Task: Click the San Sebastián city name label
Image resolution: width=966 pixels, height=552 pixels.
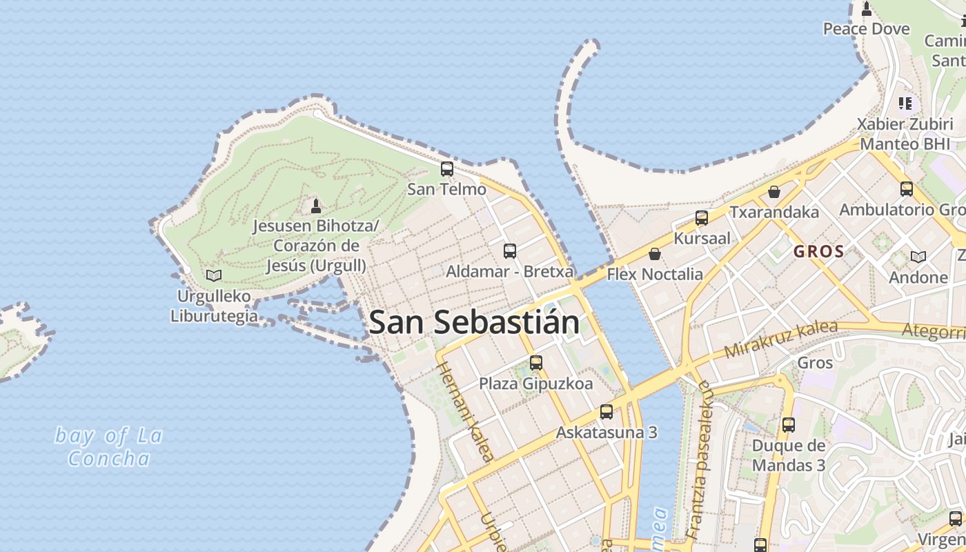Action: (x=474, y=323)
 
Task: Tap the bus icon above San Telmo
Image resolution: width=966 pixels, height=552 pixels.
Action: (x=447, y=169)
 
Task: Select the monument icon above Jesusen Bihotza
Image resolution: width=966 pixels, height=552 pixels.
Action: (x=316, y=206)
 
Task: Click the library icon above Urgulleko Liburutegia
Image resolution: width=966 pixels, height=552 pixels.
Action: (x=214, y=276)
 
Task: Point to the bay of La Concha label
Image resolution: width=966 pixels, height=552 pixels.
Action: (x=109, y=447)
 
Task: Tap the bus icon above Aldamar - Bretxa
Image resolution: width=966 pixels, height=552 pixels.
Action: (x=510, y=251)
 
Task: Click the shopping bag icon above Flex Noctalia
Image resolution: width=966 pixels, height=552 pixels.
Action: (x=655, y=255)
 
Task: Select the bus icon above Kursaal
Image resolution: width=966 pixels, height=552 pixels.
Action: (x=702, y=218)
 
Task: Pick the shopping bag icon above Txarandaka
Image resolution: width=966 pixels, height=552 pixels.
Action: (x=774, y=192)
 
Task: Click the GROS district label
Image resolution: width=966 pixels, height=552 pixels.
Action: (x=819, y=252)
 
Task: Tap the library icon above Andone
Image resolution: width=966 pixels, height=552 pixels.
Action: (x=918, y=257)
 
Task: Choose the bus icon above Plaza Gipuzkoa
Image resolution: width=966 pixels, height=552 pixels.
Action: (x=536, y=363)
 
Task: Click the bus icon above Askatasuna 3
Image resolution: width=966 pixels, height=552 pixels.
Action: (x=607, y=412)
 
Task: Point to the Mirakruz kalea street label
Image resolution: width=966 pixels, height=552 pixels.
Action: (x=781, y=339)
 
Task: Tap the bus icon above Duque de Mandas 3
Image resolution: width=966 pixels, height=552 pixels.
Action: (x=789, y=425)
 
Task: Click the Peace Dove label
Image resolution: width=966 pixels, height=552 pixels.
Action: (x=867, y=29)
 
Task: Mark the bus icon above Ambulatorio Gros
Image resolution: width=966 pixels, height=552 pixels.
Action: (x=907, y=189)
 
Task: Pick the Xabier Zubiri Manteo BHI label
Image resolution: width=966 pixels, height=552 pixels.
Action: (x=904, y=134)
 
